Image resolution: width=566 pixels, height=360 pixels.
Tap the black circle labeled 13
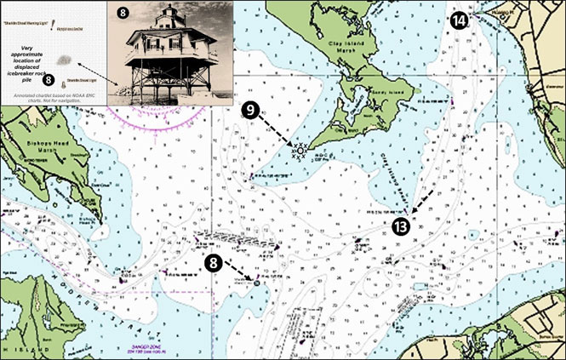401,226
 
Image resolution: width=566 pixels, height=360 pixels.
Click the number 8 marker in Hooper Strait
215,262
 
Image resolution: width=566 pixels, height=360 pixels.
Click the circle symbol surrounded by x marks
300,151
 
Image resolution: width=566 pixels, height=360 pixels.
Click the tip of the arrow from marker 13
412,212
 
